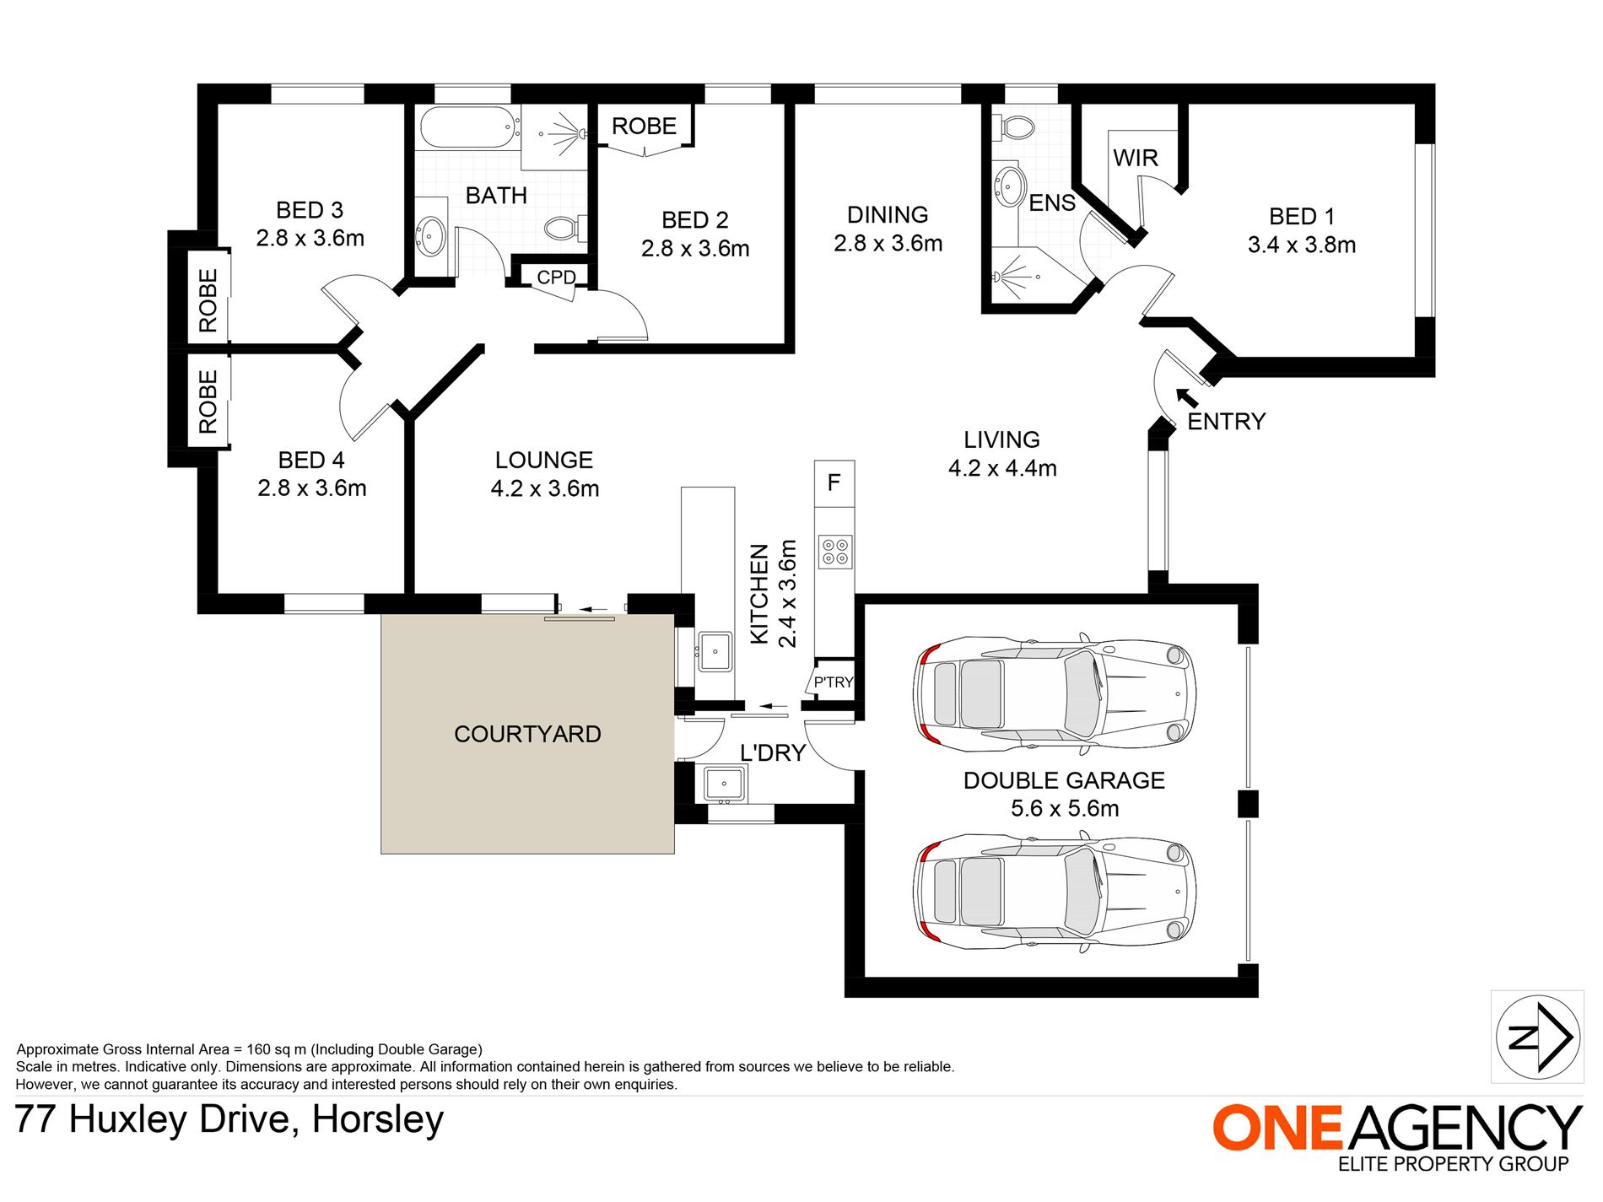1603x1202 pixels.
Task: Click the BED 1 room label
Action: click(x=1301, y=217)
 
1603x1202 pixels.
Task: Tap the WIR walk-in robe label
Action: click(x=1135, y=158)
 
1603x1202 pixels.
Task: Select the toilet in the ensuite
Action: click(x=1013, y=127)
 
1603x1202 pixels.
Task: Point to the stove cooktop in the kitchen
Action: click(x=835, y=552)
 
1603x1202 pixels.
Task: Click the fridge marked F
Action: click(x=834, y=482)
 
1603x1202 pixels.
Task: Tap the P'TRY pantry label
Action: click(x=833, y=682)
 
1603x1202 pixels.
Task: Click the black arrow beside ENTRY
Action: click(x=1186, y=396)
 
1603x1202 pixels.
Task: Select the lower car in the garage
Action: click(x=1054, y=892)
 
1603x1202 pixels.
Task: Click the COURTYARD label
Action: click(x=527, y=734)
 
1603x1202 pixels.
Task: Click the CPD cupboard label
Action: click(x=556, y=277)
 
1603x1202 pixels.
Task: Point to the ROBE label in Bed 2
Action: click(x=644, y=127)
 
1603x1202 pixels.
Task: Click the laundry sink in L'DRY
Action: click(x=724, y=784)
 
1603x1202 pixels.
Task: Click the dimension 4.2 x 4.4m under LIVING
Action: click(x=1001, y=468)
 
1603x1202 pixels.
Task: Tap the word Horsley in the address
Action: click(x=377, y=1119)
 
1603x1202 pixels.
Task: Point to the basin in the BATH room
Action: click(x=430, y=234)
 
